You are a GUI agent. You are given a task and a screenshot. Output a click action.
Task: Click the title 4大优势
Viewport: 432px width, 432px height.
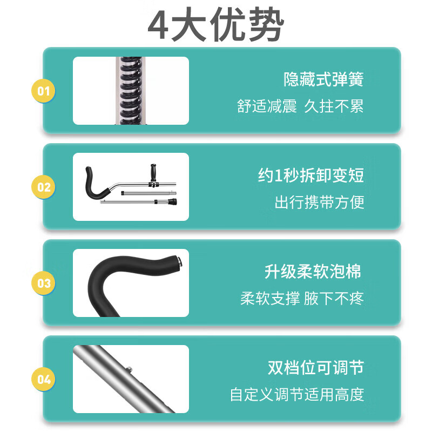[215, 24]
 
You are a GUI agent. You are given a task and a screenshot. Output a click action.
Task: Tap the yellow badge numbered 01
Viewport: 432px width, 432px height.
[43, 91]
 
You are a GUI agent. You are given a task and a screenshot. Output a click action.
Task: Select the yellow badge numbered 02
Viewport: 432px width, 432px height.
[43, 187]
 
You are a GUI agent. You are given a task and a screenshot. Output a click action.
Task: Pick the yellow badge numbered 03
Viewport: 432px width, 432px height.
[43, 283]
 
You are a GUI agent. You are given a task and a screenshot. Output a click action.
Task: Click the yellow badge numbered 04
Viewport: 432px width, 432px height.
[43, 379]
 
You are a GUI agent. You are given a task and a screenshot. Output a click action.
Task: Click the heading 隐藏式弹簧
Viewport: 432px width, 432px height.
[323, 79]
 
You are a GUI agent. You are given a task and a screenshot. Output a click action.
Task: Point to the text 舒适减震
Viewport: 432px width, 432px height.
[267, 106]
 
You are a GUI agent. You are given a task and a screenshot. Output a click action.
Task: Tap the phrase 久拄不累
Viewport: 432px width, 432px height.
[334, 106]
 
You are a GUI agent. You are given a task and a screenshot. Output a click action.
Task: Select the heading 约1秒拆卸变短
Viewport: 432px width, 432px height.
[311, 175]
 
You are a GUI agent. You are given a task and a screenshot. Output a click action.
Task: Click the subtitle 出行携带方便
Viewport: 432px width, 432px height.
[319, 202]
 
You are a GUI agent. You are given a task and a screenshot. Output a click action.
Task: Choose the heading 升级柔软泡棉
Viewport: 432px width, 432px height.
[313, 272]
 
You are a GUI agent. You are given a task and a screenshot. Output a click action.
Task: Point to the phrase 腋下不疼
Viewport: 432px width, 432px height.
[334, 299]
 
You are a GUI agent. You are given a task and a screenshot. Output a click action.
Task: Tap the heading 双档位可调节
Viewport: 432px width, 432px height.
[316, 368]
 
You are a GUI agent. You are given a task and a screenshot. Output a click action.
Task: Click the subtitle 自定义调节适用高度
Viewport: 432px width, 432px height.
[297, 395]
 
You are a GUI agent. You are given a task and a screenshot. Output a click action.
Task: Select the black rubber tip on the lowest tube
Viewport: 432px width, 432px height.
[173, 201]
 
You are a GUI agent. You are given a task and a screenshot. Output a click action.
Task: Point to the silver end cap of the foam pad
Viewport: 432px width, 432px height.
[180, 261]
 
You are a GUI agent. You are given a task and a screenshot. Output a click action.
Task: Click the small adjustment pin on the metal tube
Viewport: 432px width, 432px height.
[129, 369]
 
